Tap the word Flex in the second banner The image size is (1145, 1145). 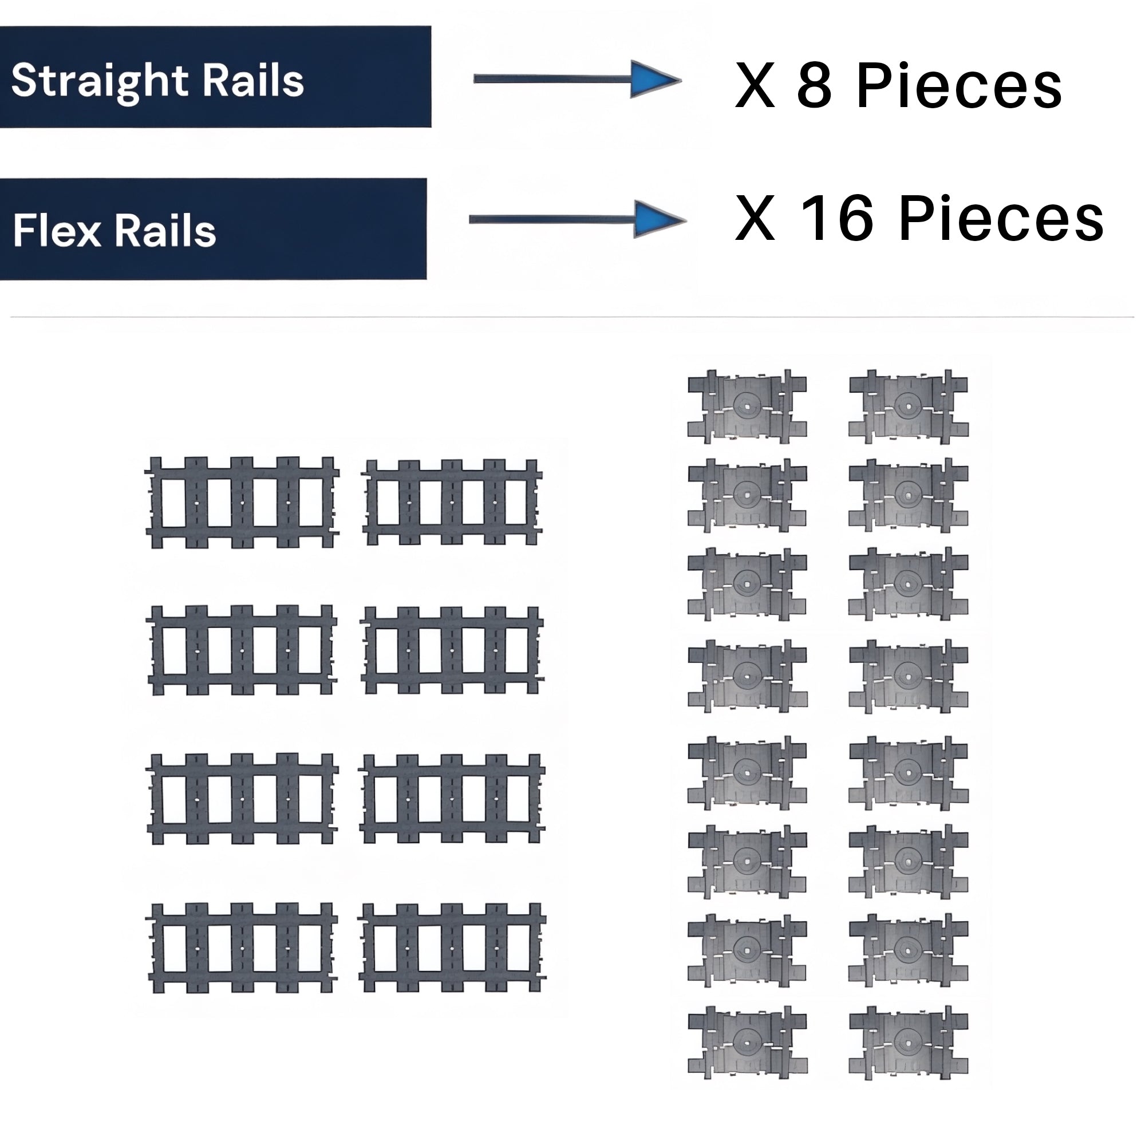[57, 231]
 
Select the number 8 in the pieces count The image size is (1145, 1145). [814, 86]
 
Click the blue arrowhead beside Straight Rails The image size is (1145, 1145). [654, 79]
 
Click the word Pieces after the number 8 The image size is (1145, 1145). [959, 86]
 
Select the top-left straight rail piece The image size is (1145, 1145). [242, 502]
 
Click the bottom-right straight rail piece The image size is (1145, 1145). [452, 947]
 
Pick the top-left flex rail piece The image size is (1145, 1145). [747, 406]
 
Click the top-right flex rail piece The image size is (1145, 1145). [908, 406]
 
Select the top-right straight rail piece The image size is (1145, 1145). [452, 502]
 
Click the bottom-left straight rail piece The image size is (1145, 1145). [242, 947]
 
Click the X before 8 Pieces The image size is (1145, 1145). [755, 86]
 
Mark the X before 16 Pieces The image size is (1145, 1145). [755, 219]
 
